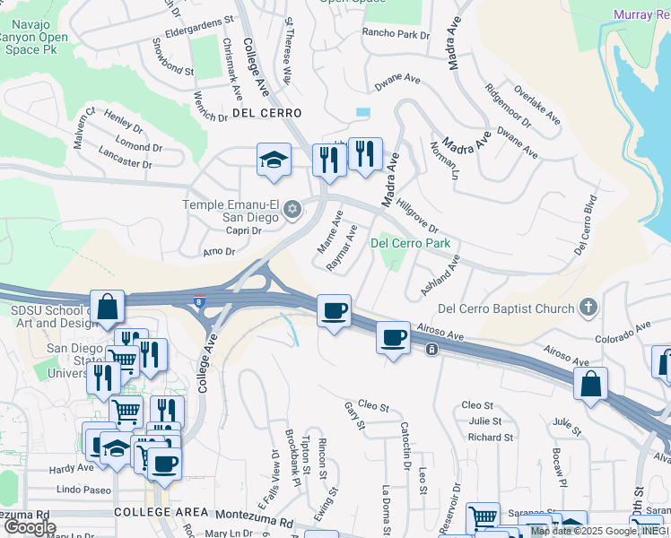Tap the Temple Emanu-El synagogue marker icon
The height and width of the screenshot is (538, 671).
[x=291, y=210]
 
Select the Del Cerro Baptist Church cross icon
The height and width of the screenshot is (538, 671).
[x=588, y=308]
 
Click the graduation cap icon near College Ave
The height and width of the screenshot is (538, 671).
[x=274, y=160]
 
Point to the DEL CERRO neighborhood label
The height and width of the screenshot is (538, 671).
[x=266, y=113]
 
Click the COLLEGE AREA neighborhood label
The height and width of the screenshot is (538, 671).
[x=153, y=511]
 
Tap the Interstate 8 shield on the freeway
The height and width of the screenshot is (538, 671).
[x=198, y=302]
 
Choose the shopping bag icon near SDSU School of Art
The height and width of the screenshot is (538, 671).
[x=107, y=308]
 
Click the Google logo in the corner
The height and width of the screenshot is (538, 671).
[x=29, y=527]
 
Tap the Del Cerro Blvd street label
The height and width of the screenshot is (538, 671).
[x=585, y=224]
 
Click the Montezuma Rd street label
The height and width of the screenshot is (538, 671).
[x=255, y=520]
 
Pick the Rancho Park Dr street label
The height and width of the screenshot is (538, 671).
[x=396, y=34]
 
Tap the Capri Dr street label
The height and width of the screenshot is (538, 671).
[x=243, y=230]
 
